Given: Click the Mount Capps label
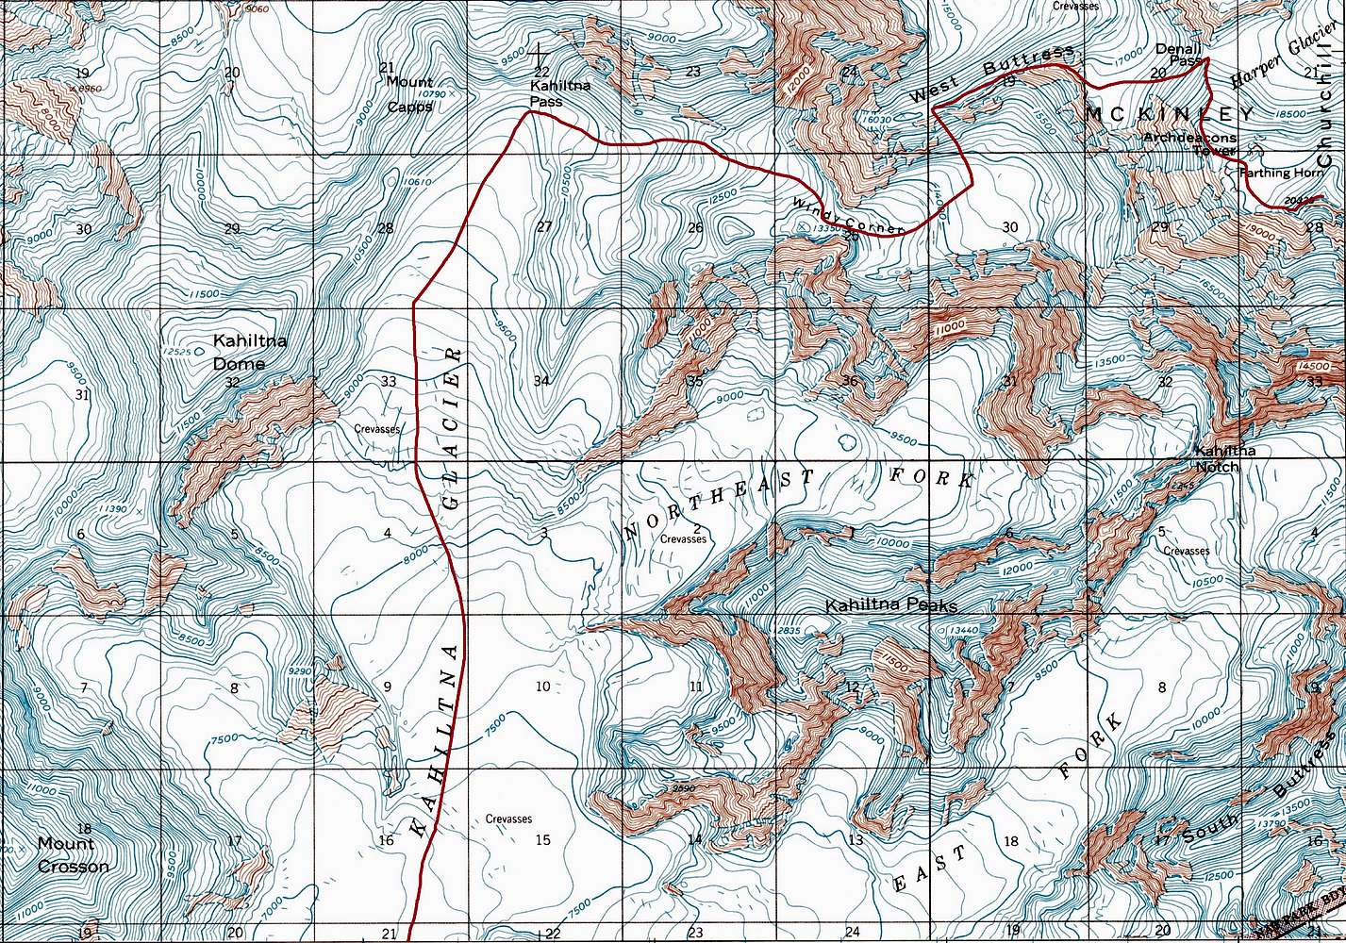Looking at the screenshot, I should tap(410, 94).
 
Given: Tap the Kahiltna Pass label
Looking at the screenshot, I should tap(560, 93).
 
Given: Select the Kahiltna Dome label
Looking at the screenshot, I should tap(239, 352).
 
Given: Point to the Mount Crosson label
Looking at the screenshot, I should tap(73, 855).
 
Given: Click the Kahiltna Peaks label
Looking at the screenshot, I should tap(891, 605).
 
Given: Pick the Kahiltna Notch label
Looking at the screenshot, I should tap(1225, 459).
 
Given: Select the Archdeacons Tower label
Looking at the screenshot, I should tap(1188, 143).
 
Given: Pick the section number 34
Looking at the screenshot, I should tap(541, 381).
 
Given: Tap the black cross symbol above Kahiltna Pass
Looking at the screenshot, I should tap(540, 54).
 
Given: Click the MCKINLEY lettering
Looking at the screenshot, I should tap(1171, 114).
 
